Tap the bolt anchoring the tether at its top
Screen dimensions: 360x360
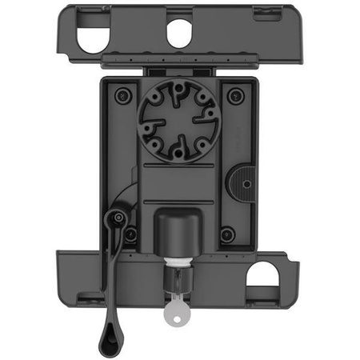tap(116, 217)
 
